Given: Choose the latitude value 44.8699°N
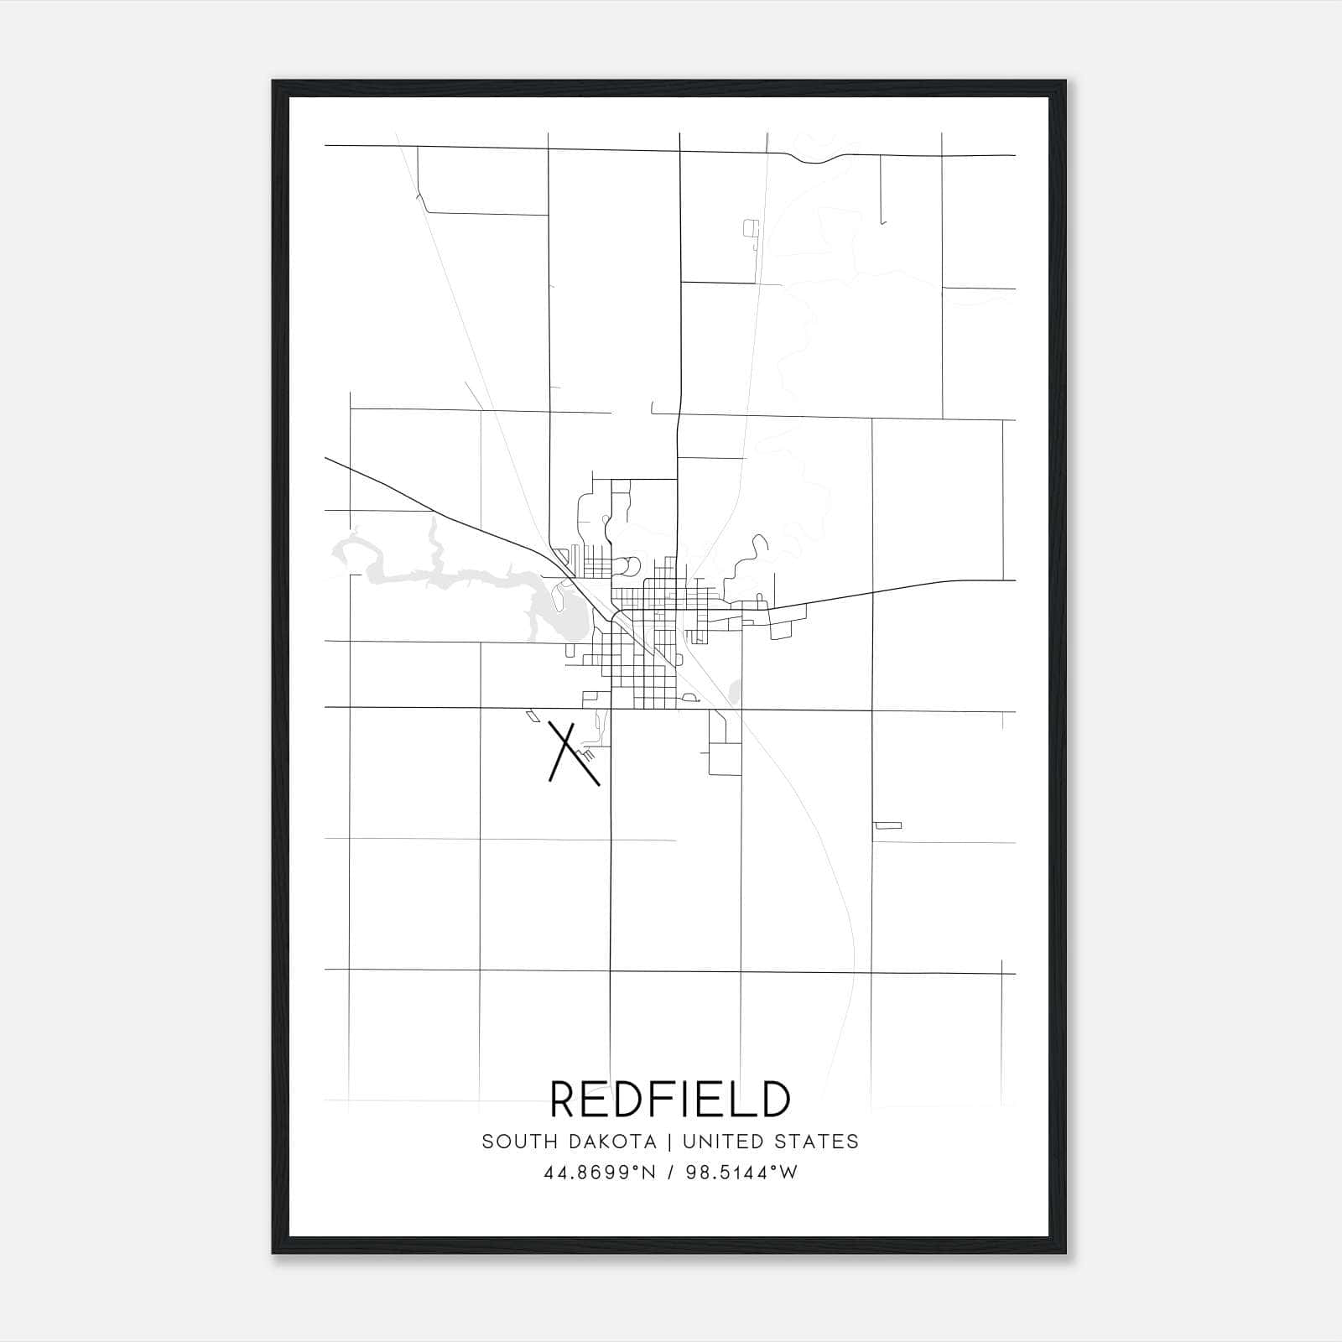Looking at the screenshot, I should coord(598,1173).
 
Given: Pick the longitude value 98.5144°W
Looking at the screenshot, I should coord(742,1173).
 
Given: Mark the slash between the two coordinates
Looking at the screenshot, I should coord(670,1173).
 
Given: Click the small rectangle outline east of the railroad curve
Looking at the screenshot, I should coord(887,825).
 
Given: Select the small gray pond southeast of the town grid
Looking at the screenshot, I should coord(736,692).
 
